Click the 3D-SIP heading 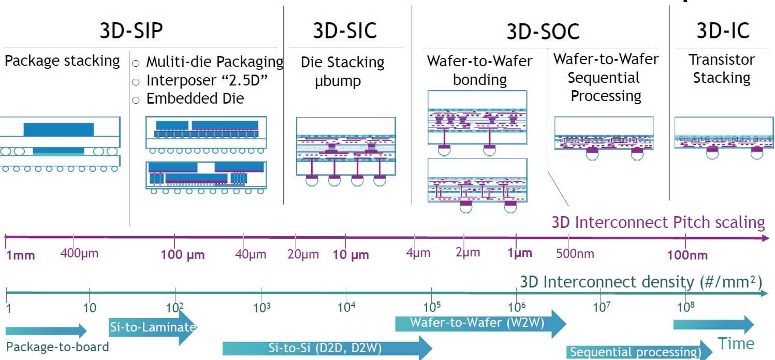pyautogui.click(x=131, y=31)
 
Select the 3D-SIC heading pyautogui.click(x=344, y=31)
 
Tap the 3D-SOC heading pyautogui.click(x=543, y=32)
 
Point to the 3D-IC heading pyautogui.click(x=723, y=31)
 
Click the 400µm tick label pyautogui.click(x=79, y=254)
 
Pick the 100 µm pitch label pyautogui.click(x=183, y=255)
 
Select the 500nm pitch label pyautogui.click(x=575, y=254)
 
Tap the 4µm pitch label pyautogui.click(x=418, y=253)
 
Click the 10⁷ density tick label pyautogui.click(x=601, y=307)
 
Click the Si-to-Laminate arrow pyautogui.click(x=153, y=327)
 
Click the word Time pyautogui.click(x=735, y=343)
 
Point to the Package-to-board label pyautogui.click(x=57, y=347)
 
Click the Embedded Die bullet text pyautogui.click(x=195, y=98)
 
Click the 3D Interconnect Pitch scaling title pyautogui.click(x=658, y=222)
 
